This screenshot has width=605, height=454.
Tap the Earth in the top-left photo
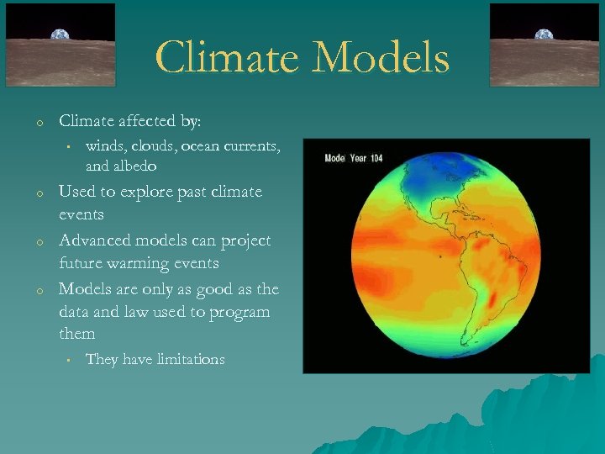click(x=60, y=35)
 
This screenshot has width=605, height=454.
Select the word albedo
click(x=133, y=166)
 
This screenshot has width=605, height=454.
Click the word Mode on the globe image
click(x=334, y=158)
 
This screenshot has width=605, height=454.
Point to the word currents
click(x=251, y=146)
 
